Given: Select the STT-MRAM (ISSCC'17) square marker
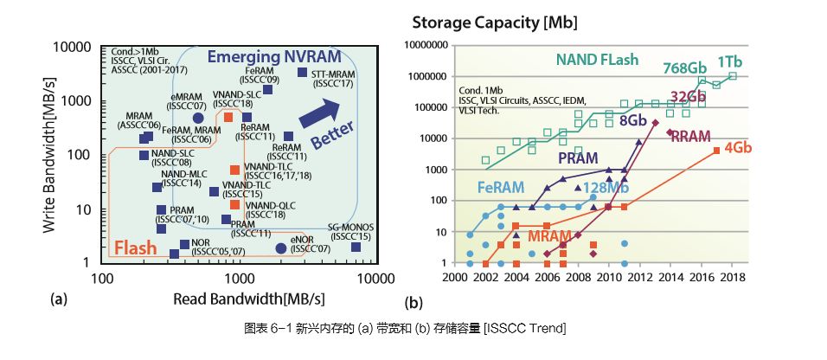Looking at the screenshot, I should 302,73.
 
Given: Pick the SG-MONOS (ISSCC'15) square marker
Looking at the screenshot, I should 356,247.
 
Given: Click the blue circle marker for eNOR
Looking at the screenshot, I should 281,248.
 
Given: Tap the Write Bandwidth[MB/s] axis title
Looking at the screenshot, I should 54,154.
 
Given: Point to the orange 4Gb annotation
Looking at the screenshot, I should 737,147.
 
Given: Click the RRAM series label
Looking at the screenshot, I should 690,137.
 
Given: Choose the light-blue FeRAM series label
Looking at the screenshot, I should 502,187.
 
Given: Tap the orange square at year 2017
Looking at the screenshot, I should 716,151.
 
